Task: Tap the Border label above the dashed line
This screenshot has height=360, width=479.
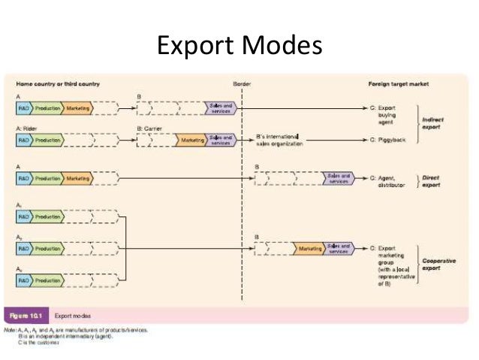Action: coord(242,83)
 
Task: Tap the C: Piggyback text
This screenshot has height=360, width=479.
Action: coord(387,140)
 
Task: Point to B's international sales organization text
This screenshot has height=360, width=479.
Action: coord(279,139)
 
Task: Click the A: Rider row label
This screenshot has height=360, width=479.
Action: coord(29,129)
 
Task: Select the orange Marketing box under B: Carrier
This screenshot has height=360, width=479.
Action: coord(191,140)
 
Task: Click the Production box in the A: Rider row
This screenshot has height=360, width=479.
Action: coord(47,140)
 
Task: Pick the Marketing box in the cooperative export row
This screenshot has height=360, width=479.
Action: coord(309,248)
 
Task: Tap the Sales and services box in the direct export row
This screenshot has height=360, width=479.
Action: coord(339,178)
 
